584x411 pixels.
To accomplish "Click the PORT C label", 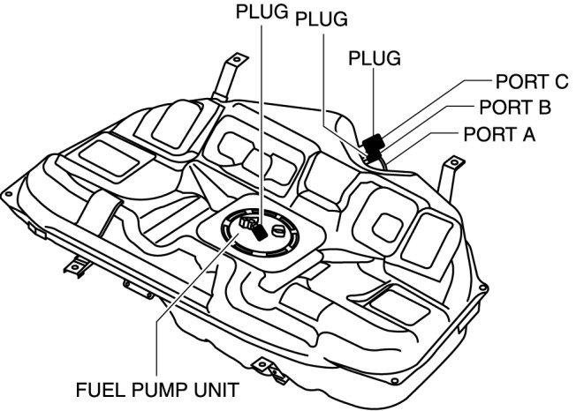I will (x=531, y=82).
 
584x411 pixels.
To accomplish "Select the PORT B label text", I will (x=514, y=108).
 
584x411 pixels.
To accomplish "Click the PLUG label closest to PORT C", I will (x=375, y=58).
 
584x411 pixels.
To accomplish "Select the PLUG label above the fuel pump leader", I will (x=262, y=13).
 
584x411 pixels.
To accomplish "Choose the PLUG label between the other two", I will (x=320, y=19).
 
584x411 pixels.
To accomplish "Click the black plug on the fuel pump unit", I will (x=257, y=230).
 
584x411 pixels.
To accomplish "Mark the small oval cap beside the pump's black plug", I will (x=280, y=233).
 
